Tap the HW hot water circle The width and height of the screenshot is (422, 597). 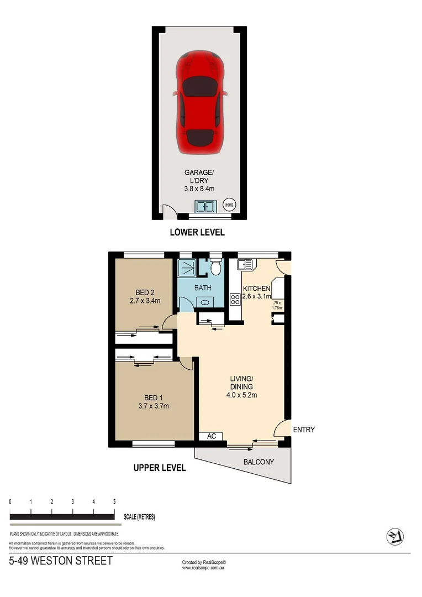229,205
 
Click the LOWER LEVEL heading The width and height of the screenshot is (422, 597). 197,232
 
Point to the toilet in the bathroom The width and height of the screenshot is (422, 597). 216,268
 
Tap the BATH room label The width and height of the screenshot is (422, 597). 203,288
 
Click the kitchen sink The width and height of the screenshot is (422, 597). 245,265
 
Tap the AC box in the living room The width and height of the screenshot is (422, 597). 210,436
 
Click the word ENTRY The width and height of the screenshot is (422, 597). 304,430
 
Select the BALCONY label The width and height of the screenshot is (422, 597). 259,462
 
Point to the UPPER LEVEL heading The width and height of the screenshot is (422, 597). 160,468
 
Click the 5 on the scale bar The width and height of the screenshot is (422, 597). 114,502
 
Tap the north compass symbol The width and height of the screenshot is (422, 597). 394,536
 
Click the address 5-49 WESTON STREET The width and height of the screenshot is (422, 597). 61,561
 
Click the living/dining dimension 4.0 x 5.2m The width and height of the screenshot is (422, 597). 241,395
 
